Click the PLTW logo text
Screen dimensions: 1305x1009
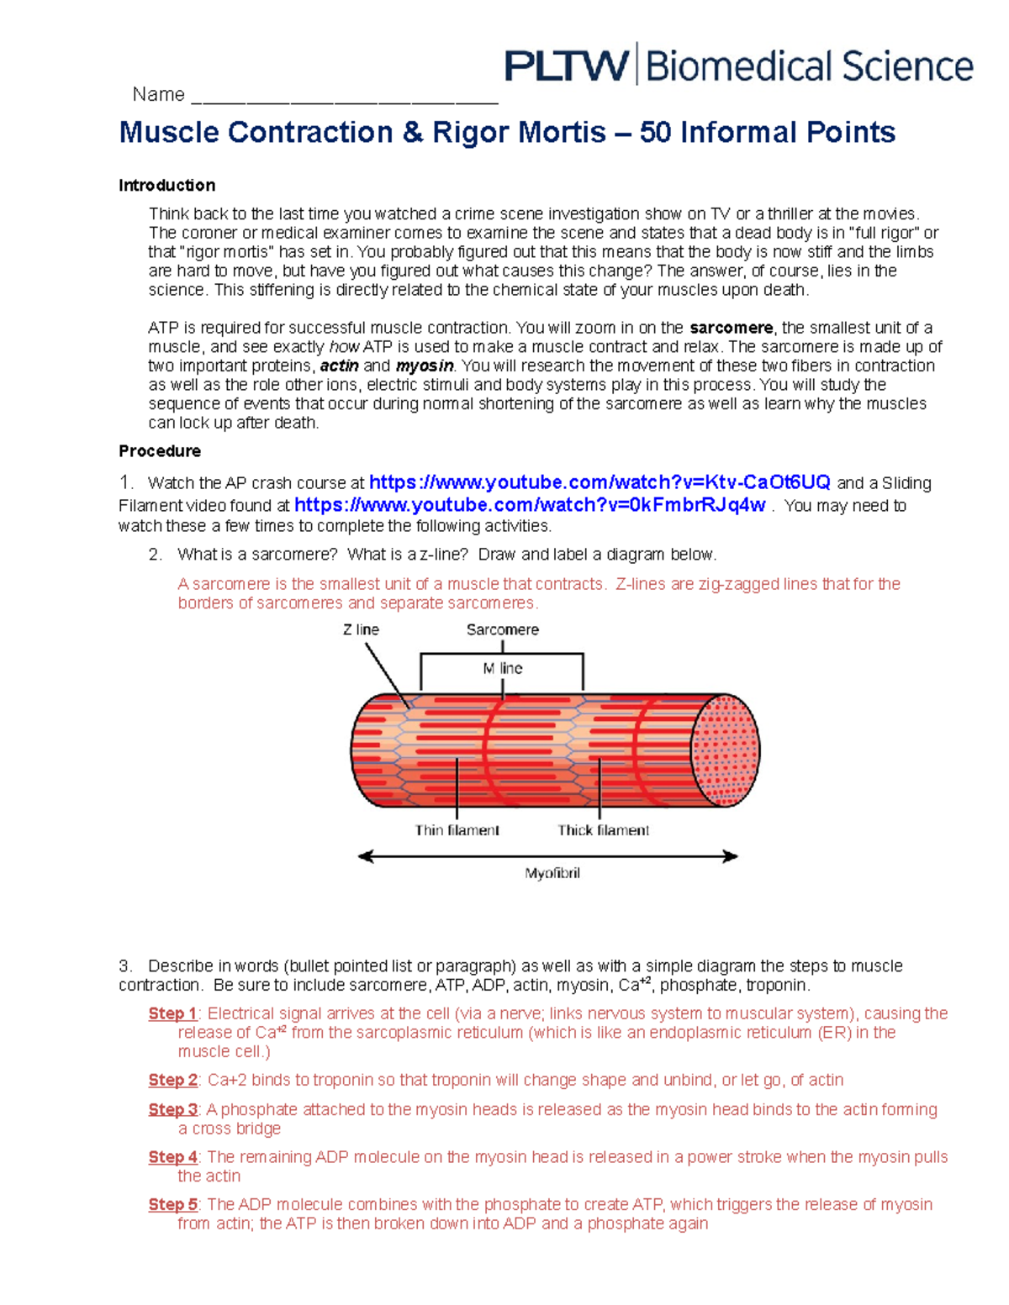566,66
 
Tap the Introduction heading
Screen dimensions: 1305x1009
166,185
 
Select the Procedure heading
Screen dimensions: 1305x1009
160,451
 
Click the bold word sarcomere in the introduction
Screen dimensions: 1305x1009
731,328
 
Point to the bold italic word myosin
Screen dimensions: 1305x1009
425,366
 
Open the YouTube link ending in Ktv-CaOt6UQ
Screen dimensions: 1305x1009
600,482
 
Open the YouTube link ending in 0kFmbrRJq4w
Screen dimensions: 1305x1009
530,505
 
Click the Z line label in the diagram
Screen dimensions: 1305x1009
361,629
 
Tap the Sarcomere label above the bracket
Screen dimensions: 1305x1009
503,629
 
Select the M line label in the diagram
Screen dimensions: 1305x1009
503,668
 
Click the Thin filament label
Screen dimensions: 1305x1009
457,830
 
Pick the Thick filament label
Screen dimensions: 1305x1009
603,830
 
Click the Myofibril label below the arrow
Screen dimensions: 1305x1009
552,873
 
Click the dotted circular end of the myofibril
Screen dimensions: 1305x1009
726,750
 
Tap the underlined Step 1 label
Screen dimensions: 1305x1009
172,1013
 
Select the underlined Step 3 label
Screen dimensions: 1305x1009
172,1109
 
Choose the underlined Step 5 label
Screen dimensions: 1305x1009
172,1204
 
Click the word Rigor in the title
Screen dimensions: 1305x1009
472,132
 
